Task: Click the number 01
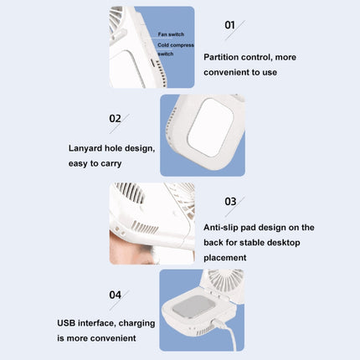[x=229, y=25]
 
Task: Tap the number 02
[x=115, y=119]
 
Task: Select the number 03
[x=230, y=202]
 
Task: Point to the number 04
[x=116, y=295]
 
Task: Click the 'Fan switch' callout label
[x=171, y=34]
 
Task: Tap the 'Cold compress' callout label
[x=176, y=45]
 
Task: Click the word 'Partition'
[x=221, y=57]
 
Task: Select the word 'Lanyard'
[x=85, y=148]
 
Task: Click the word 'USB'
[x=66, y=323]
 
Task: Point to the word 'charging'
[x=136, y=324]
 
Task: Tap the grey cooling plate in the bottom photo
[x=193, y=306]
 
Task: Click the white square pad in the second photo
[x=210, y=127]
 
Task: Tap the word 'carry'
[x=111, y=164]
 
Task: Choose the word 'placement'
[x=225, y=258]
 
